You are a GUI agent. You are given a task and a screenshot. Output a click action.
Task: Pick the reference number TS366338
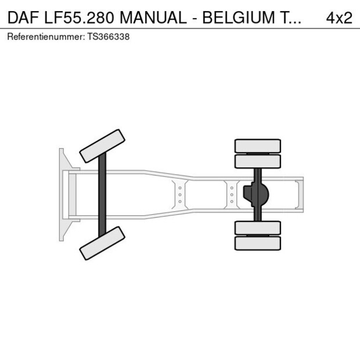tap(108, 37)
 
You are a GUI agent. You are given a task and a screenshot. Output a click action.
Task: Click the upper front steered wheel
tap(102, 146)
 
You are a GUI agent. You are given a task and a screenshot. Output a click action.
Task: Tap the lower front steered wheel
tap(102, 243)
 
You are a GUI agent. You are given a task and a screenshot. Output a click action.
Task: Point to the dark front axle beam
tap(102, 195)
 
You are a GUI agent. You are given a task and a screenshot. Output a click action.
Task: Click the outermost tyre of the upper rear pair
tap(257, 145)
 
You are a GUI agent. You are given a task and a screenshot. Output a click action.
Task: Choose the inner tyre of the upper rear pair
tap(257, 161)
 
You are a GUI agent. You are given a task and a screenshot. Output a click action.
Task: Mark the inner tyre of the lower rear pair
tap(257, 228)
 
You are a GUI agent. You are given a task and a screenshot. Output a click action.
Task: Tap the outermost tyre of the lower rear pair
tap(257, 243)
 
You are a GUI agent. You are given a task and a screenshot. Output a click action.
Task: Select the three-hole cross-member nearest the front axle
tap(180, 195)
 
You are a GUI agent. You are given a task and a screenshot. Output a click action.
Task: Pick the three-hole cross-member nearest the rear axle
tap(232, 195)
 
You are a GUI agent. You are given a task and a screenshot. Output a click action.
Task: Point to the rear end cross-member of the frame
tap(300, 195)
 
